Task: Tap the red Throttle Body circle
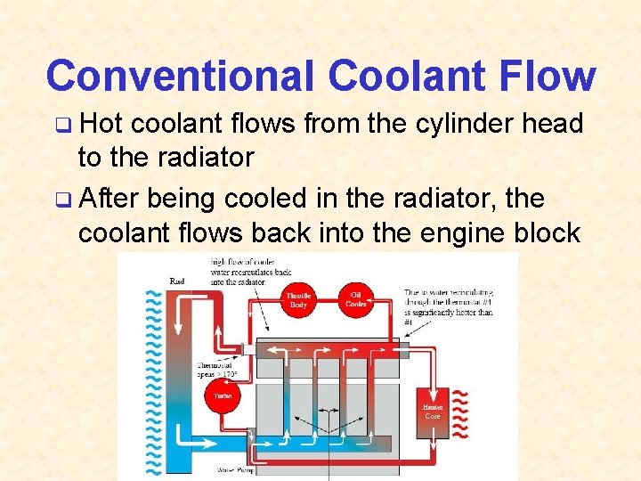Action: coord(299,299)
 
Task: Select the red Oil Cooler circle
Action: coord(356,299)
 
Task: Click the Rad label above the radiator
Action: coord(177,281)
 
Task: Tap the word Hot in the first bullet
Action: coord(101,124)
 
